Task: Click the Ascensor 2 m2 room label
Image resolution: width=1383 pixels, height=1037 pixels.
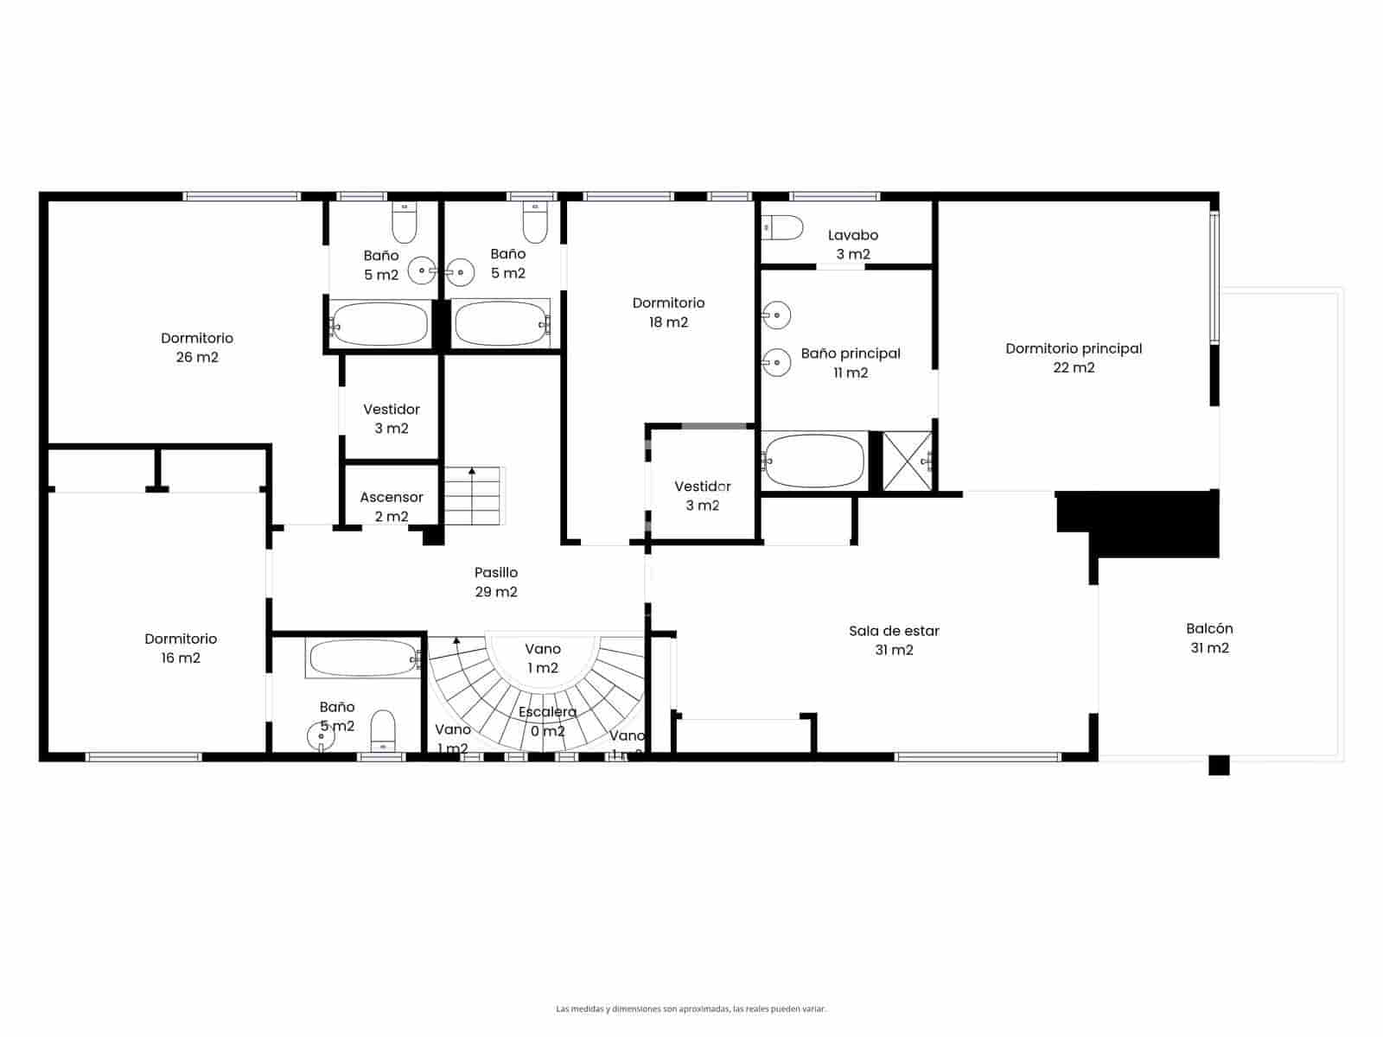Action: click(392, 507)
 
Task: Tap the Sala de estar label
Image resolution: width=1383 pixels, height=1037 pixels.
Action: click(894, 640)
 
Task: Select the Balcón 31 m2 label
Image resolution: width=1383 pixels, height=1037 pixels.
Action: click(1209, 638)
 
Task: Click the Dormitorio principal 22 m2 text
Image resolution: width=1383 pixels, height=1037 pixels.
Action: click(1074, 358)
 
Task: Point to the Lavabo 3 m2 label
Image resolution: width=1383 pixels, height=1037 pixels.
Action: click(852, 245)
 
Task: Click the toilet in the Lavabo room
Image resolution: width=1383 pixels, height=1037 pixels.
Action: click(782, 228)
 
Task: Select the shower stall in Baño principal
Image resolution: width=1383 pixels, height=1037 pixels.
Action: click(907, 461)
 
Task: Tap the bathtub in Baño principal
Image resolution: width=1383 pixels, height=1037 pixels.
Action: click(814, 461)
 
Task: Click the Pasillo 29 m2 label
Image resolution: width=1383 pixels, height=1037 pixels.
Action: click(496, 582)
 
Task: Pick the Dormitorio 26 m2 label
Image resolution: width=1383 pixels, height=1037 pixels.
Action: click(197, 347)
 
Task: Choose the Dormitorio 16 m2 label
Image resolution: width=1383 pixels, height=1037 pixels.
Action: click(181, 648)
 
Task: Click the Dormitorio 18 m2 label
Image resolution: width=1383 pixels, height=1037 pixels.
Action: click(668, 312)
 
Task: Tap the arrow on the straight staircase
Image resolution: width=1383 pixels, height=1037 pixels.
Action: click(472, 472)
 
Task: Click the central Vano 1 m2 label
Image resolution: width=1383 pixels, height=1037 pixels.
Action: click(543, 658)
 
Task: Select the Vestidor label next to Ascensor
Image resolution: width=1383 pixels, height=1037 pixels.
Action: click(392, 418)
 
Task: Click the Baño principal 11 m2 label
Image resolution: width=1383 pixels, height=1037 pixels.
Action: click(851, 363)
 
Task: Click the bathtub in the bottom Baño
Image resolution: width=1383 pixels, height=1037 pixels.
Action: click(363, 658)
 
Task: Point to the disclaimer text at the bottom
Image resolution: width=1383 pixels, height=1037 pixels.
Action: click(691, 1008)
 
